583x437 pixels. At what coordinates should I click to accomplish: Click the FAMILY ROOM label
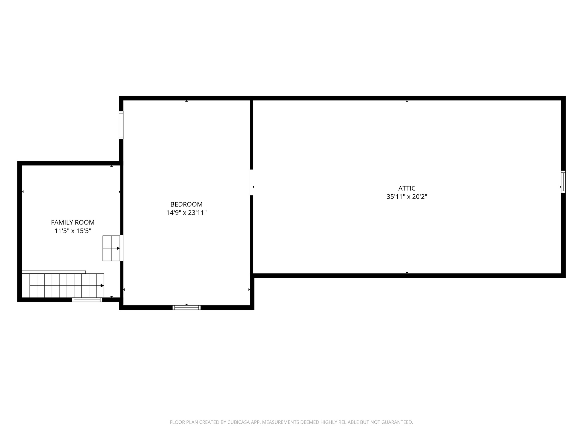tap(73, 222)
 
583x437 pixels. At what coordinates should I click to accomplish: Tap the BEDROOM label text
tap(186, 204)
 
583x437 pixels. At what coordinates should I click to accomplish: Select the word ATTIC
tap(407, 188)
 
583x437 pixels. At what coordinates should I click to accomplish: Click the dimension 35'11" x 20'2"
tap(407, 197)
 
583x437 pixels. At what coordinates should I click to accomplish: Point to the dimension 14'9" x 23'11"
tap(186, 213)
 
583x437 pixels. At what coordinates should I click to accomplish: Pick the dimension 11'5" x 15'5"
tap(73, 231)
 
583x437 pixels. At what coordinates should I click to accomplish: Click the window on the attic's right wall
tap(563, 182)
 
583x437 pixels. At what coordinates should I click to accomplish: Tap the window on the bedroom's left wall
tap(121, 125)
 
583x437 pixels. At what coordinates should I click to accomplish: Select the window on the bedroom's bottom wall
tap(186, 307)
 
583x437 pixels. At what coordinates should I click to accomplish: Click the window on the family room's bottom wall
tap(87, 300)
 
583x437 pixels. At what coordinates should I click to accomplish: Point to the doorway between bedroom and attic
tap(251, 182)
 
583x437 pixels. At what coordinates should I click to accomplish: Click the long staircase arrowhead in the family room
tap(102, 286)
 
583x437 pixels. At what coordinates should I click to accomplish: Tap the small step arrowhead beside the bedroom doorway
tap(118, 248)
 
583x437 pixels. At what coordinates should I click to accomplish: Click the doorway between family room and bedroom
tap(122, 248)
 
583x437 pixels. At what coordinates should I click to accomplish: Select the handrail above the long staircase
tap(54, 272)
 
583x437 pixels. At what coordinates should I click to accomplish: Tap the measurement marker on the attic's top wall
tap(407, 101)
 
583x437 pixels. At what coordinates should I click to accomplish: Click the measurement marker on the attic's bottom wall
tap(407, 273)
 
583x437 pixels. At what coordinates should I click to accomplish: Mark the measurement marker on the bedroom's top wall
tap(186, 101)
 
